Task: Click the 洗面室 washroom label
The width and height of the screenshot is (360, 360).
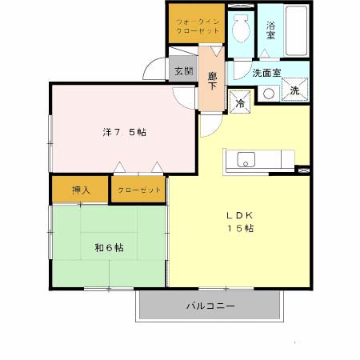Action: [x=266, y=72]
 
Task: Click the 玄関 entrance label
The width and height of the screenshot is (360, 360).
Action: [x=182, y=70]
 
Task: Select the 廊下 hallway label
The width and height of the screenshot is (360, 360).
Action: [x=212, y=81]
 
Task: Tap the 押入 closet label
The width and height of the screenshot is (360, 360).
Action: [x=80, y=190]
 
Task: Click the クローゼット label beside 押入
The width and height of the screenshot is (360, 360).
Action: [x=138, y=190]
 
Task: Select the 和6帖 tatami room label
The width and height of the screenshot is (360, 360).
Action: [x=109, y=247]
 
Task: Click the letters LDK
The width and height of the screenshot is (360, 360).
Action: [x=238, y=214]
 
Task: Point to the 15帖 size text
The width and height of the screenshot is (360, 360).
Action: [x=238, y=229]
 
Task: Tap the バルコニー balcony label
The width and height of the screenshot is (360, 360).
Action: [x=210, y=306]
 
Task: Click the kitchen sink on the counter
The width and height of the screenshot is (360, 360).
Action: [x=244, y=158]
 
